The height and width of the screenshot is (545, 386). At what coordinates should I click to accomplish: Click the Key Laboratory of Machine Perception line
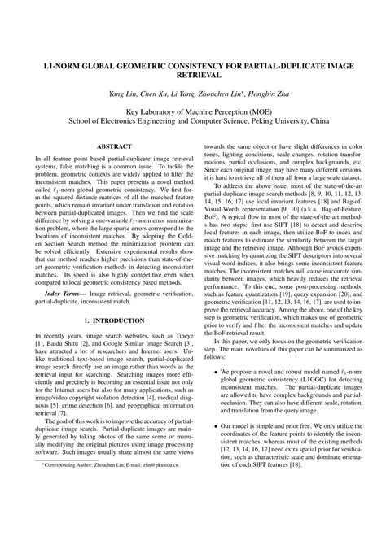(x=193, y=115)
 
